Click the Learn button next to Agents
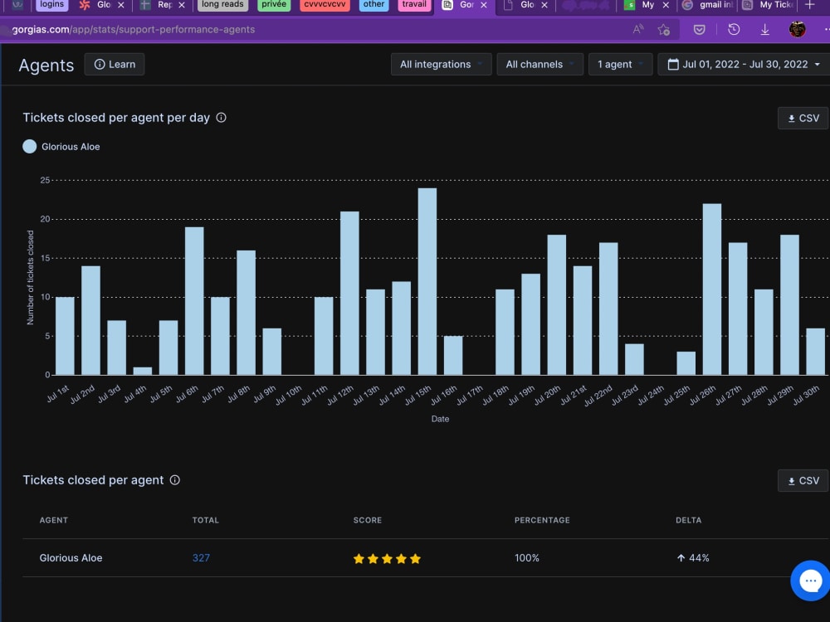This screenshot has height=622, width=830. click(115, 65)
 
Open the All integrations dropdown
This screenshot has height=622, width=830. click(441, 65)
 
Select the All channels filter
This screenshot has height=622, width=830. click(539, 65)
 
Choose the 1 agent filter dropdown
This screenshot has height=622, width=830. click(620, 65)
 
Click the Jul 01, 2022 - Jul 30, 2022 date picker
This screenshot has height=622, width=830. click(744, 65)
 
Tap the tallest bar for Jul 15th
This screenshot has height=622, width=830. click(427, 281)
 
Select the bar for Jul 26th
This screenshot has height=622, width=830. click(712, 289)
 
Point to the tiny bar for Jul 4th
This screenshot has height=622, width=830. click(143, 372)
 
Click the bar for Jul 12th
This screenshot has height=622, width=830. click(349, 293)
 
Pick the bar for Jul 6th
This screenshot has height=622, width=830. click(194, 301)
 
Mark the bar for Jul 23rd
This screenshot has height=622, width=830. click(634, 360)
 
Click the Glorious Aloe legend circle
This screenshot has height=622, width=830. click(30, 147)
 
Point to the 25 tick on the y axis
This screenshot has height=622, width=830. click(45, 180)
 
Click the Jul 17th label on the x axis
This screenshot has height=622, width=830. click(470, 395)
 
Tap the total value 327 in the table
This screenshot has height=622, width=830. click(201, 558)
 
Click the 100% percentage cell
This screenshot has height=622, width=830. click(527, 558)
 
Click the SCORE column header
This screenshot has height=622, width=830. click(368, 521)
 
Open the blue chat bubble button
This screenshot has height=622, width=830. click(810, 581)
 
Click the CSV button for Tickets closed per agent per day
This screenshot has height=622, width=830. click(803, 119)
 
